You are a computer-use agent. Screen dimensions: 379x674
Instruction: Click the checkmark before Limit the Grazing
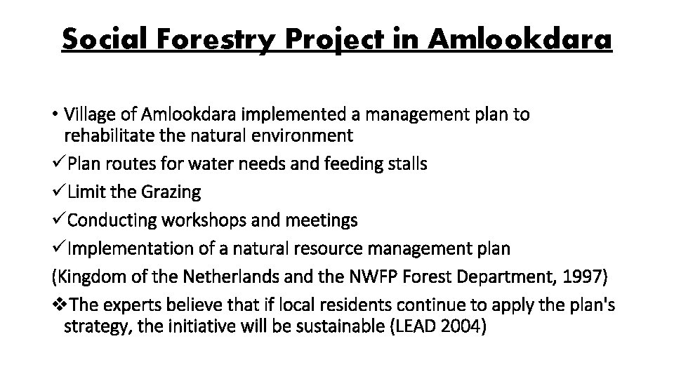click(x=59, y=192)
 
